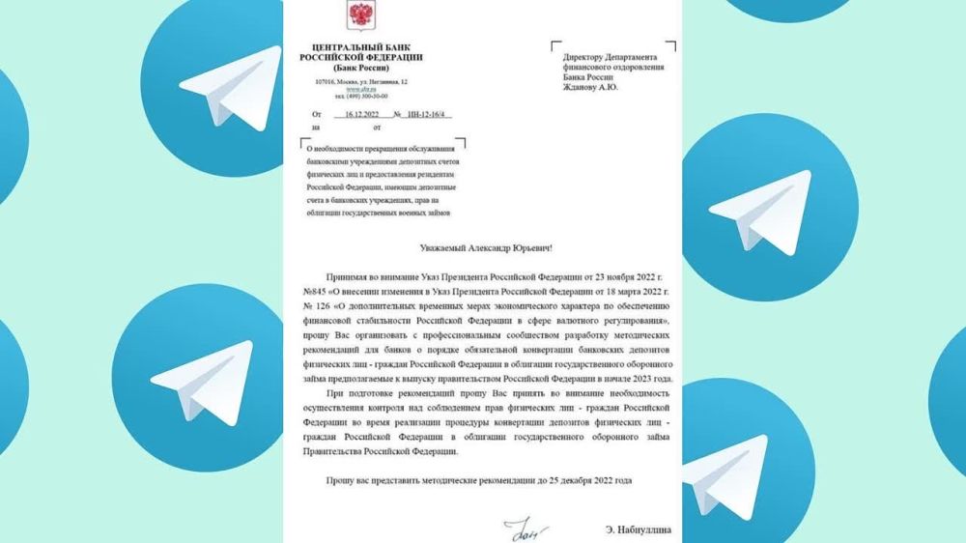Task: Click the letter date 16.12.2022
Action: pyautogui.click(x=364, y=113)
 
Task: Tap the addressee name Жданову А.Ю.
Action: pyautogui.click(x=591, y=88)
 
